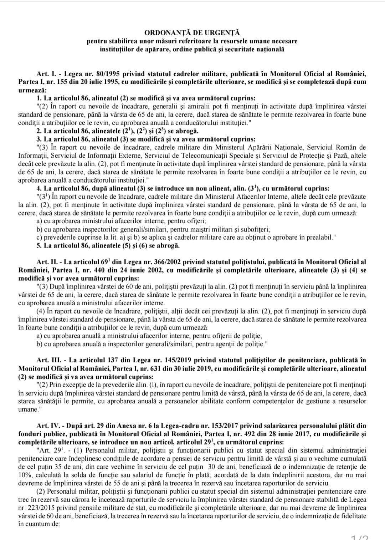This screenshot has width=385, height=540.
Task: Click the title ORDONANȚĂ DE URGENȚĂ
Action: click(192, 34)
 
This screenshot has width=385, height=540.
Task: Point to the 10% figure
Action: click(25, 475)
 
